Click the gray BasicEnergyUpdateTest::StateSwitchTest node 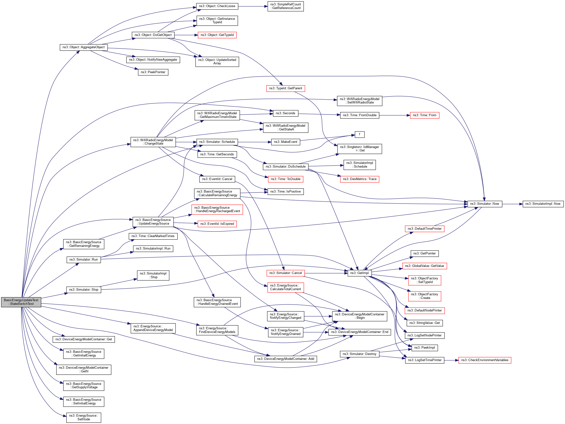pos(21,302)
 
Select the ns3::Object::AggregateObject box pos(84,47)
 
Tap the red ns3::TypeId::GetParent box pos(285,88)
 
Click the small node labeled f pos(359,134)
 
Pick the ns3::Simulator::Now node pos(485,204)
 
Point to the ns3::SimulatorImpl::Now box pos(543,204)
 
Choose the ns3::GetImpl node pos(359,273)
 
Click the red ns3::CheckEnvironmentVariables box pos(485,360)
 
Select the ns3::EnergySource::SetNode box pos(84,417)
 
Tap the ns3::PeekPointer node pos(153,72)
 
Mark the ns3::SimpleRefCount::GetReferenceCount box pos(285,6)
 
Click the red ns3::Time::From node pos(424,115)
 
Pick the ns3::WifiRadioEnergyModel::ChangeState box pos(153,142)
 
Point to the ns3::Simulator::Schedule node pos(217,142)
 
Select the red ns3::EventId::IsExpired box pos(217,224)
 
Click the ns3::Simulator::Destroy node pos(359,354)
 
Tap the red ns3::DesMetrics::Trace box pos(359,179)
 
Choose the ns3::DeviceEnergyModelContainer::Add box pos(285,359)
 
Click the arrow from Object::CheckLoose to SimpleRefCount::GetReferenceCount pos(253,6)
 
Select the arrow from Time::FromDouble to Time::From pos(395,115)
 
